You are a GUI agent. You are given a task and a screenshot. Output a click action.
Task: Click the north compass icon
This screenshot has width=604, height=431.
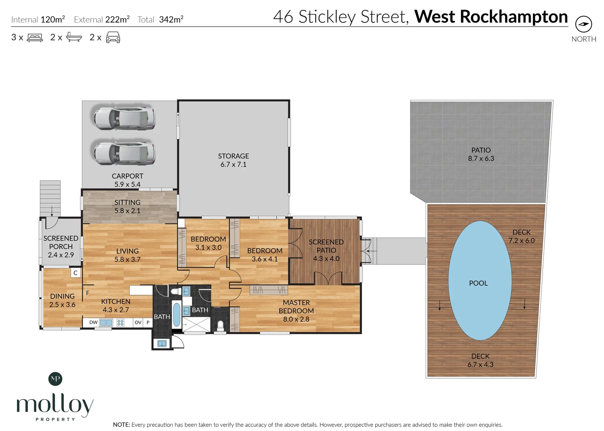coord(583,24)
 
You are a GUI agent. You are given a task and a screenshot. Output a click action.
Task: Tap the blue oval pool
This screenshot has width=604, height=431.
coord(480,280)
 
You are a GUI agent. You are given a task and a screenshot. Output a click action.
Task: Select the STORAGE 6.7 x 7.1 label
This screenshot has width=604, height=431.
coord(233,160)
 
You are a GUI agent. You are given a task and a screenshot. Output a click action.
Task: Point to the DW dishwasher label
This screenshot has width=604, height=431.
coord(93,322)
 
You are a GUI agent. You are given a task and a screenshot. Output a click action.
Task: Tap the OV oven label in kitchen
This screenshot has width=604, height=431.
coord(138,322)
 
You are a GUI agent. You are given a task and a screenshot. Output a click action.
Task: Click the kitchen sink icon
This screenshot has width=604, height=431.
coord(106,322)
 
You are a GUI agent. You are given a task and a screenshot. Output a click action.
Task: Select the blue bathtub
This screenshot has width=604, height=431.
coord(176,314)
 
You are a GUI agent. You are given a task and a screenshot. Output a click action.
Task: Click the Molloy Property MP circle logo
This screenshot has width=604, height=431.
coord(55,379)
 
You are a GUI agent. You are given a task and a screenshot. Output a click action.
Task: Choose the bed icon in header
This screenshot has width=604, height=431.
coord(35,38)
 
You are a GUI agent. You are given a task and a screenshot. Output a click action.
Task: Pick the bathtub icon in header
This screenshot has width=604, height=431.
coord(74,38)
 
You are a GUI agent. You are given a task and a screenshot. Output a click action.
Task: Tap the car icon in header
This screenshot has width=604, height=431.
coord(113,38)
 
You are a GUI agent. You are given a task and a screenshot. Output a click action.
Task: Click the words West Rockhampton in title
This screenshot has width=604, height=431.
coord(491,17)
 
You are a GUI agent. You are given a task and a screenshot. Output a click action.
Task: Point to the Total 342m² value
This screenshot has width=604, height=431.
coord(171,20)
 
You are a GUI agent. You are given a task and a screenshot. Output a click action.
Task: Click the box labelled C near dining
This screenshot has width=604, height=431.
coord(75,273)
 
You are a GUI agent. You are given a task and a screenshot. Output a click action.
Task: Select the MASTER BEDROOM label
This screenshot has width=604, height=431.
coord(296,310)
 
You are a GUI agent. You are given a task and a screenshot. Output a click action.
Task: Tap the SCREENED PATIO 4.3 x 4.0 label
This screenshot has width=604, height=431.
coord(326,250)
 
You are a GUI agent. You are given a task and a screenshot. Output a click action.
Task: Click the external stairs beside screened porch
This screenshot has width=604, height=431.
coord(50,198)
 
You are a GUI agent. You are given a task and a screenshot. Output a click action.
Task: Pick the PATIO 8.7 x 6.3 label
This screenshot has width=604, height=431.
coord(481,154)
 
